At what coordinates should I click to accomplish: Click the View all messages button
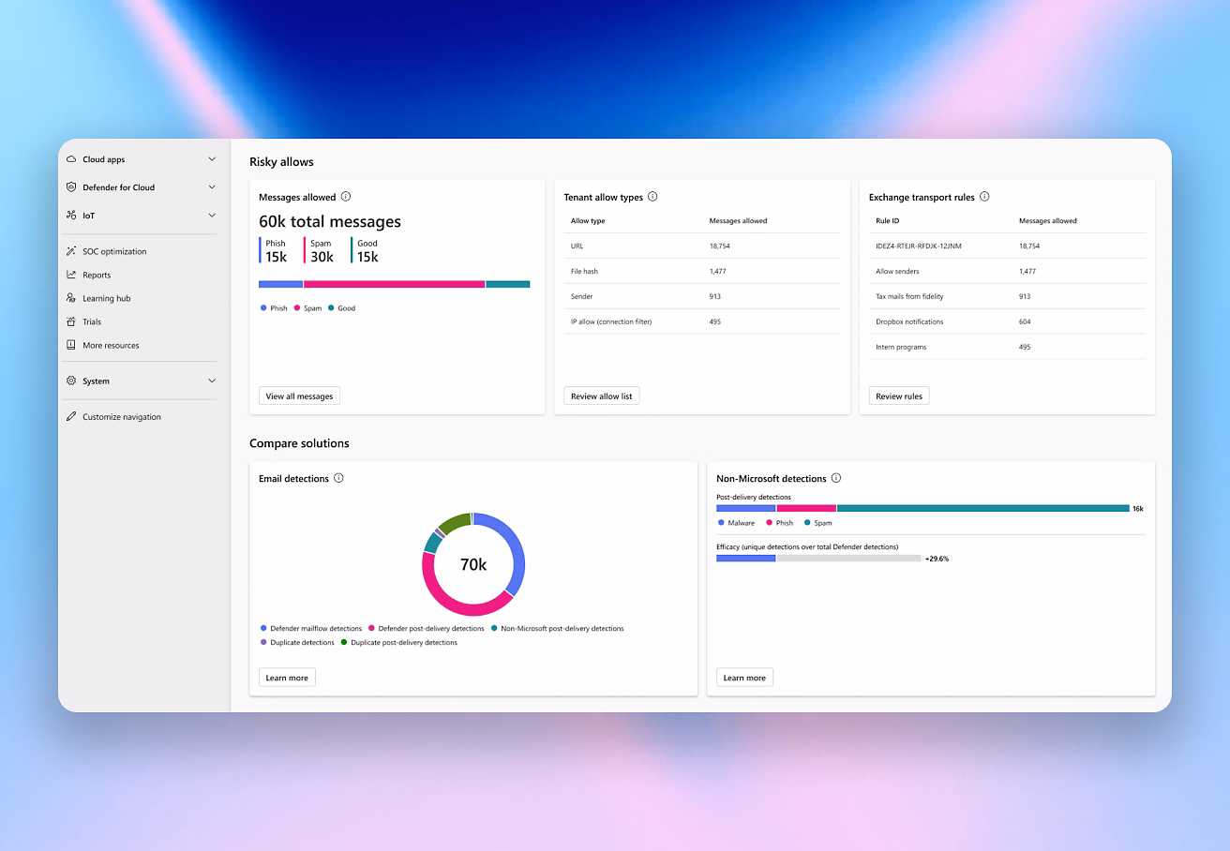[299, 396]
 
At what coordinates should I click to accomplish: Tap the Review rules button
[898, 396]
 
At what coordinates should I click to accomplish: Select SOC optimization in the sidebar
[114, 251]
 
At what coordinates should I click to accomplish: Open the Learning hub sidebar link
[106, 298]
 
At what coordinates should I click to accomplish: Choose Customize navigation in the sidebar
[121, 417]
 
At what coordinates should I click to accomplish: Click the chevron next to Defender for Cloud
[212, 187]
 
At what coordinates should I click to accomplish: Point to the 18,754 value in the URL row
[719, 246]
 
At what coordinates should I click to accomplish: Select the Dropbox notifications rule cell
[909, 321]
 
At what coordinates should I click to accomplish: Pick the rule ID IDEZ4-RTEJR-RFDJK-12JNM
[918, 246]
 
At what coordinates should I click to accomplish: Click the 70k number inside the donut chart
[472, 564]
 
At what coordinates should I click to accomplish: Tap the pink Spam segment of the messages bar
[394, 284]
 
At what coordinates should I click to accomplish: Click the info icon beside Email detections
[338, 478]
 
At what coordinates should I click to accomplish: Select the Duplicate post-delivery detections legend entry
[403, 643]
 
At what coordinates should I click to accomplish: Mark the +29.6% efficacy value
[937, 559]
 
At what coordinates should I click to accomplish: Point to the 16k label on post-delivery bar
[1137, 509]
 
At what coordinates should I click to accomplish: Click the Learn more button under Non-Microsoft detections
[744, 678]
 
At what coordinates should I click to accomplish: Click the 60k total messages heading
[330, 222]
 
